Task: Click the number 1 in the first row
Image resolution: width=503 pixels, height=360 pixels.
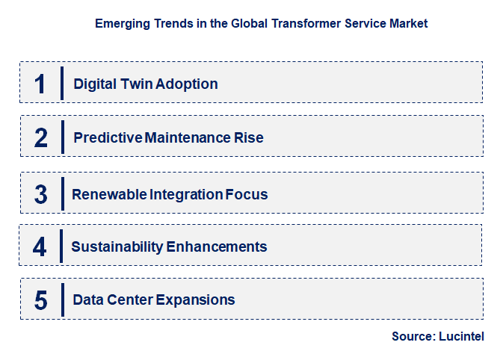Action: point(40,84)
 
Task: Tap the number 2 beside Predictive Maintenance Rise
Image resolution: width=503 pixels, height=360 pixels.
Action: point(41,138)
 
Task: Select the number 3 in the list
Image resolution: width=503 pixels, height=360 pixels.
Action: point(41,194)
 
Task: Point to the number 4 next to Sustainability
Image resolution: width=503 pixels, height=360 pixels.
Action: point(40,246)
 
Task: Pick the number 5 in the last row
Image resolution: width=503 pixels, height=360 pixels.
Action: point(41,300)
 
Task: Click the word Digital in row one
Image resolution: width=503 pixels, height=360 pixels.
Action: point(92,84)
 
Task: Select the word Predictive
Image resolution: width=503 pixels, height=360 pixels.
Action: point(108,138)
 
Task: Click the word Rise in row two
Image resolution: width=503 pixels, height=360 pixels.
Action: point(248,138)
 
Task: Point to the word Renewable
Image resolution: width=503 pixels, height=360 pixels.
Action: point(109,195)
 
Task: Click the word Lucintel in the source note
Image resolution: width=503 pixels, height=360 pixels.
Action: point(460,337)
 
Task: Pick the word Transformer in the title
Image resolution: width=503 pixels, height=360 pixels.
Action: point(295,24)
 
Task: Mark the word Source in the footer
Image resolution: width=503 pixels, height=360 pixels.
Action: point(412,337)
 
